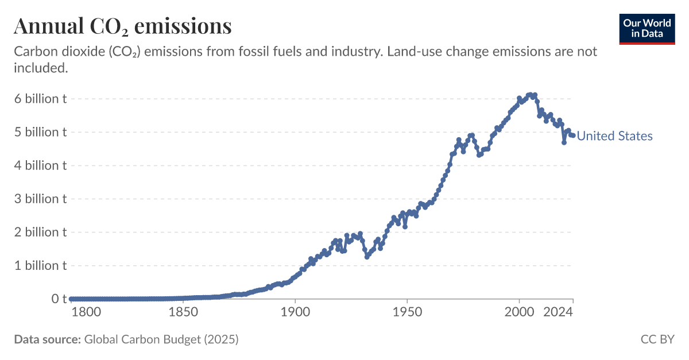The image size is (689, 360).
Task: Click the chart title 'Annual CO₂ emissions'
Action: point(122,26)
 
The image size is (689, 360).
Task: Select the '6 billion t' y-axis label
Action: point(40,99)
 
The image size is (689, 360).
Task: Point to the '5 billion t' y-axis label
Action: point(40,132)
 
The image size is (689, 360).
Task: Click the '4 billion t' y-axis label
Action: point(40,165)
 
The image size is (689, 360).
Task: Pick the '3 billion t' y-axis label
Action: point(40,199)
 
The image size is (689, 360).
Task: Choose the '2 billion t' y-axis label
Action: point(40,232)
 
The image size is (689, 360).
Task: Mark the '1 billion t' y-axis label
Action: point(40,265)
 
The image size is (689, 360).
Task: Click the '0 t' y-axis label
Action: point(56,299)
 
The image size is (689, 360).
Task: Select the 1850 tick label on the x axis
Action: point(183,313)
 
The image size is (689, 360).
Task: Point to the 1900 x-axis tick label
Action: point(295,313)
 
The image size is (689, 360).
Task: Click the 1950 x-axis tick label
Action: point(407,313)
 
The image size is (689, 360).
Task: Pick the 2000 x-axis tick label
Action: point(519,313)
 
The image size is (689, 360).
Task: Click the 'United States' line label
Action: point(614,136)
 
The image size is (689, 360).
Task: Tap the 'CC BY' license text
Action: point(657,339)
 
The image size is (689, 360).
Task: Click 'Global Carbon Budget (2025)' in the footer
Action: point(161,339)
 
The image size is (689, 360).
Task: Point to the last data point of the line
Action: point(572,136)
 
